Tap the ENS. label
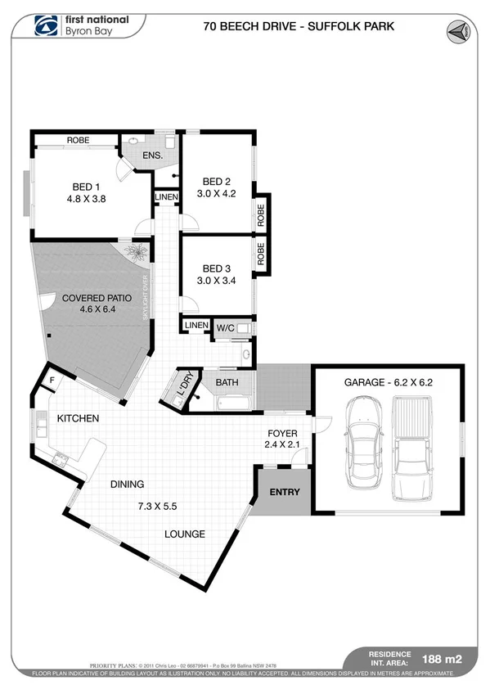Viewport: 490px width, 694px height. tap(153, 155)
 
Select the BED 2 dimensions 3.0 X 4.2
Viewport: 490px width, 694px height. tap(217, 194)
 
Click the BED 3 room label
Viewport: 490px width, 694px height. tap(217, 268)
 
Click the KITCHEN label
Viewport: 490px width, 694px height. tap(78, 419)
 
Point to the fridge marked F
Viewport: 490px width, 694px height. tap(52, 380)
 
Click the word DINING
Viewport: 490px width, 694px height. tap(128, 484)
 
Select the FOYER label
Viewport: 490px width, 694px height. tap(282, 433)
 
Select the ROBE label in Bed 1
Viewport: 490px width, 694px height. tap(78, 141)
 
